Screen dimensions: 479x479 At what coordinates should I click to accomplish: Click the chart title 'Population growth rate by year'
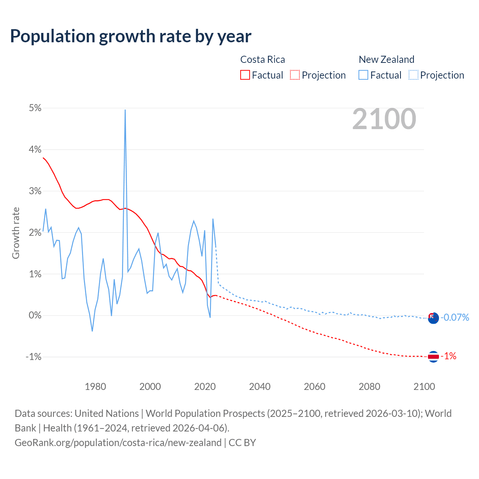(x=131, y=36)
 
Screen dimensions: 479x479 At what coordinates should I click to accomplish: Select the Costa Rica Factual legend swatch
(x=245, y=75)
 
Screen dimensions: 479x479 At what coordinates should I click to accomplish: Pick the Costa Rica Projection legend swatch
(x=295, y=75)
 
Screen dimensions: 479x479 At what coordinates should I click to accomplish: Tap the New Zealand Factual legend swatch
(x=363, y=75)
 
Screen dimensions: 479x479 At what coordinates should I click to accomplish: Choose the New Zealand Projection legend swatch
(x=413, y=75)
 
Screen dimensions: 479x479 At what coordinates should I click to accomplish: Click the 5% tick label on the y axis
(x=35, y=108)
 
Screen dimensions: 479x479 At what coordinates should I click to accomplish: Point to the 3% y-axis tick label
(x=35, y=191)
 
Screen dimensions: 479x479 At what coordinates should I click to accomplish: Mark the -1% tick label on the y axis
(x=33, y=357)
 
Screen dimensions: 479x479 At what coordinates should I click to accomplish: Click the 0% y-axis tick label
(x=35, y=315)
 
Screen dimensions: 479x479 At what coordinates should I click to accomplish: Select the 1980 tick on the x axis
(x=95, y=387)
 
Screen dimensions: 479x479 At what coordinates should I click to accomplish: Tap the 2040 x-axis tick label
(x=260, y=387)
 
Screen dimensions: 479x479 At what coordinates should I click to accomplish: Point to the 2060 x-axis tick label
(x=314, y=387)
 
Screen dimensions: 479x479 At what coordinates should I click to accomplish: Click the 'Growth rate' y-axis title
(x=16, y=233)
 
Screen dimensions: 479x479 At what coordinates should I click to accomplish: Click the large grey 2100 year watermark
(x=384, y=119)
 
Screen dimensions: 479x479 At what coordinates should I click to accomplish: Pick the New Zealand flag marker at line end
(x=433, y=318)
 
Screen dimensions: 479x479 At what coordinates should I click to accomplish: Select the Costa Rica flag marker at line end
(x=433, y=357)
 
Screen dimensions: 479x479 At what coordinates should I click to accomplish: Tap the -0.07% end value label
(x=455, y=318)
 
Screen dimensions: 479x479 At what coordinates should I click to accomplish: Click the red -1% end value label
(x=449, y=356)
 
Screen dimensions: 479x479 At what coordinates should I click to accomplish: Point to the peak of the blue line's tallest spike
(x=125, y=110)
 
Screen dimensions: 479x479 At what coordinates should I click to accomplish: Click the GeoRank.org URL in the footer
(x=118, y=442)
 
